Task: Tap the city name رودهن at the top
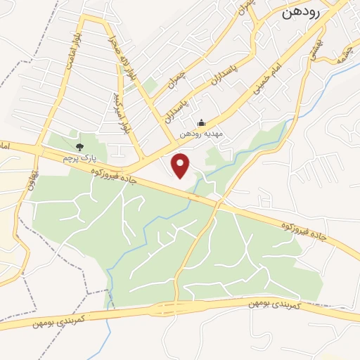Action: click(x=302, y=12)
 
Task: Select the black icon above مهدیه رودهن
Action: click(x=201, y=122)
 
